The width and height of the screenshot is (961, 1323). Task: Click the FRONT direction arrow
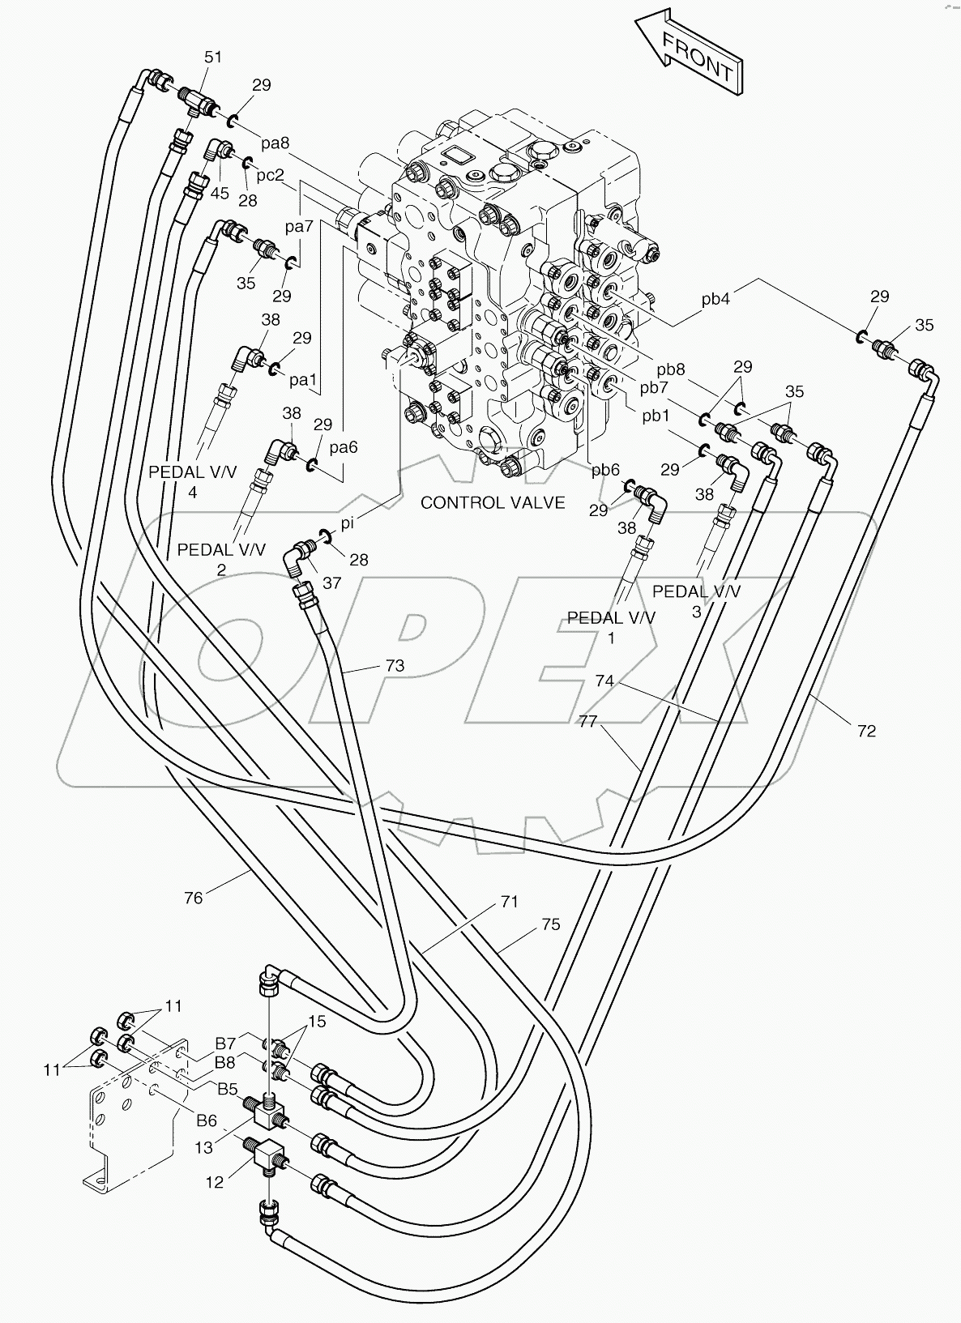pos(690,52)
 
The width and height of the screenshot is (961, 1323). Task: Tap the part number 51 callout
pos(212,57)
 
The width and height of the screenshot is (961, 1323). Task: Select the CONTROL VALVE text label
pos(493,502)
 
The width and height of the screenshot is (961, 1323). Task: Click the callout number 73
pos(395,665)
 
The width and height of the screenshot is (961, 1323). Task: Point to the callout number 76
pos(193,897)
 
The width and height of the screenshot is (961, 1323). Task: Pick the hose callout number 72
pos(866,731)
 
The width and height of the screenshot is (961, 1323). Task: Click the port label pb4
pos(715,299)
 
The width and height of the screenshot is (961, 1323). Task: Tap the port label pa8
pos(275,143)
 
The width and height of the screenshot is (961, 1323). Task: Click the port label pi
pos(347,524)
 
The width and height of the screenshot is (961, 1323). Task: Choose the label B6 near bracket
pos(207,1120)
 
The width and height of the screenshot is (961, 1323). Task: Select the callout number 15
pos(317,1022)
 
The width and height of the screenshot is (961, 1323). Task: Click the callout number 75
pos(550,924)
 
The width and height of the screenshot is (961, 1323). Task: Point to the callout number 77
pos(587,720)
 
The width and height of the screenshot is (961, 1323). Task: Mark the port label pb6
pos(605,469)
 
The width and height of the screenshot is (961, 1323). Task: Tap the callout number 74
pos(604,681)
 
